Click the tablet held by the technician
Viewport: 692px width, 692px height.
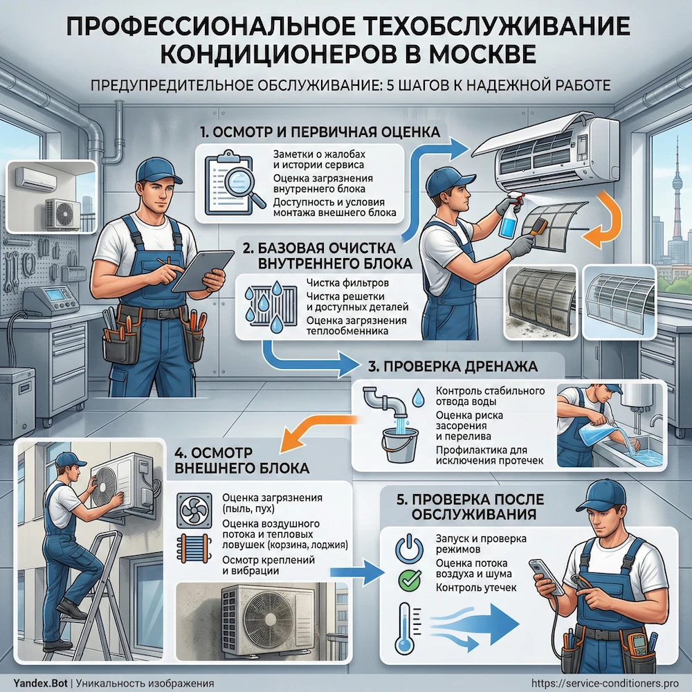point(201,270)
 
